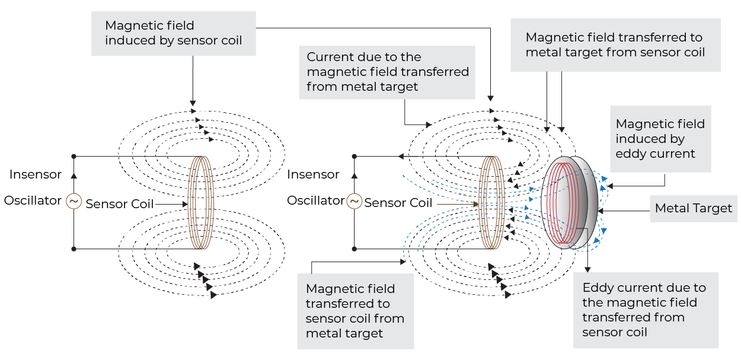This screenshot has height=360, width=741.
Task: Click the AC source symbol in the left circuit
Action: (x=74, y=202)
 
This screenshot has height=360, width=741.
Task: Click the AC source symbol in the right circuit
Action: (x=354, y=202)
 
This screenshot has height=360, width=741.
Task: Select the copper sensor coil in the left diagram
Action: (x=200, y=203)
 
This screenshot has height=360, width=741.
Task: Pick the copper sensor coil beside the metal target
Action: (x=491, y=203)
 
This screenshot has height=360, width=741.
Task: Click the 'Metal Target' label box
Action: (x=694, y=209)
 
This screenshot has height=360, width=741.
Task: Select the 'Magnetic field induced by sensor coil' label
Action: (x=173, y=33)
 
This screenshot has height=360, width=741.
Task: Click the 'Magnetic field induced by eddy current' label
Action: (x=660, y=139)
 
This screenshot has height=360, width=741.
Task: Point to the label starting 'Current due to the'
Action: (x=388, y=72)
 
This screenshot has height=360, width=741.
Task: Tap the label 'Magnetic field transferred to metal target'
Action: (x=615, y=45)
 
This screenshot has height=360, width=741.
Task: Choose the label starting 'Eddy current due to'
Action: (x=645, y=310)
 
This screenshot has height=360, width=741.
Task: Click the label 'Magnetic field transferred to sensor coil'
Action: (x=354, y=311)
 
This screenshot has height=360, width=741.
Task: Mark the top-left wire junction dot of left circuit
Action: (x=74, y=157)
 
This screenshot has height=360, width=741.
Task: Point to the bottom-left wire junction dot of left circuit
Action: (x=74, y=249)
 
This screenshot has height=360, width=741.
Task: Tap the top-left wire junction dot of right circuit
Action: (x=354, y=157)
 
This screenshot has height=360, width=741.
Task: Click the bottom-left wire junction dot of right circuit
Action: (x=354, y=249)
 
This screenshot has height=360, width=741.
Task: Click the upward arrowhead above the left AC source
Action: (x=74, y=176)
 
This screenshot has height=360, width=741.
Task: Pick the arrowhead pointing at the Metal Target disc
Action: (x=601, y=209)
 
